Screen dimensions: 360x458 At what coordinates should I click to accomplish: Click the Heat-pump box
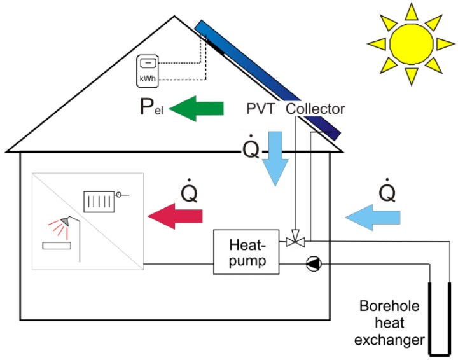pyautogui.click(x=246, y=252)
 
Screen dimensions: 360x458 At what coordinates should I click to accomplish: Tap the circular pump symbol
pyautogui.click(x=312, y=263)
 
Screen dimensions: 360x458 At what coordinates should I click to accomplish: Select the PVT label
pyautogui.click(x=261, y=109)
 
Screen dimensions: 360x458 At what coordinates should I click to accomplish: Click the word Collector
pyautogui.click(x=316, y=109)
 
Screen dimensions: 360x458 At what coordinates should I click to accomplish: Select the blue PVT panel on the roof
pyautogui.click(x=267, y=80)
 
